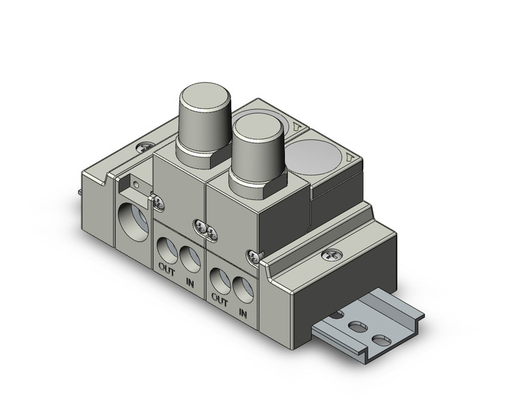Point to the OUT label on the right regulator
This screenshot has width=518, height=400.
click(x=219, y=297)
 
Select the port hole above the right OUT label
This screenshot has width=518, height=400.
click(x=220, y=277)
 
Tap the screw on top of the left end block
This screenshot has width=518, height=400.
click(x=144, y=145)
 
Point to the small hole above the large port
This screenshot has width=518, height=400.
click(x=137, y=183)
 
